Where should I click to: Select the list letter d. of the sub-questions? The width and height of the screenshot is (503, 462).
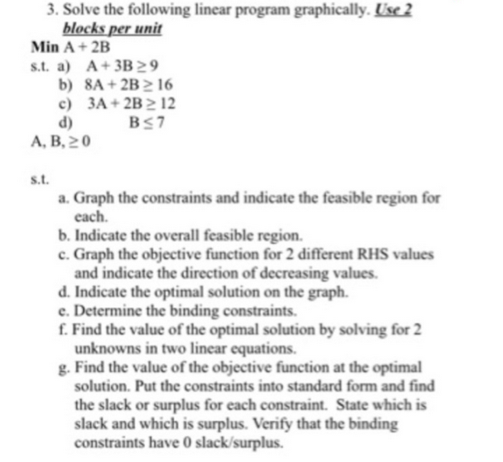tap(65, 292)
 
